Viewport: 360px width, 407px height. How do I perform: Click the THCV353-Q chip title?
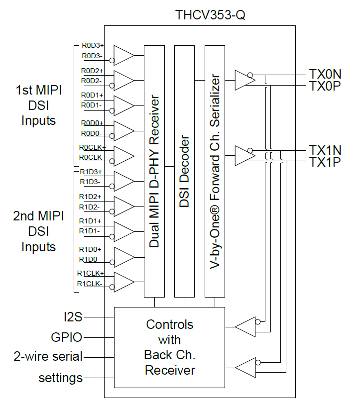click(x=210, y=15)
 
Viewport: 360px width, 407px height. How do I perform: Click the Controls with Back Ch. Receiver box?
click(x=169, y=347)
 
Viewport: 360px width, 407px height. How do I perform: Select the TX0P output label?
click(x=325, y=86)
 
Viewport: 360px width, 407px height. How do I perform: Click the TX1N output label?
click(x=325, y=150)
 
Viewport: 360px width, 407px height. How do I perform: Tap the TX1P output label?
click(x=325, y=162)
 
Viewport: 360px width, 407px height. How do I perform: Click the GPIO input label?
click(x=67, y=337)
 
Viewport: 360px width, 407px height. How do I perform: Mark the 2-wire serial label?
click(x=48, y=357)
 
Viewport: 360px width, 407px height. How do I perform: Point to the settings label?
click(x=61, y=378)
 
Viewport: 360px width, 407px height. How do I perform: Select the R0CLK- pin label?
click(x=91, y=158)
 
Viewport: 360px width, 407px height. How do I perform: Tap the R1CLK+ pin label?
click(x=90, y=273)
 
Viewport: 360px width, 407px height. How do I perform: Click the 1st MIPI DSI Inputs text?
click(x=38, y=105)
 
